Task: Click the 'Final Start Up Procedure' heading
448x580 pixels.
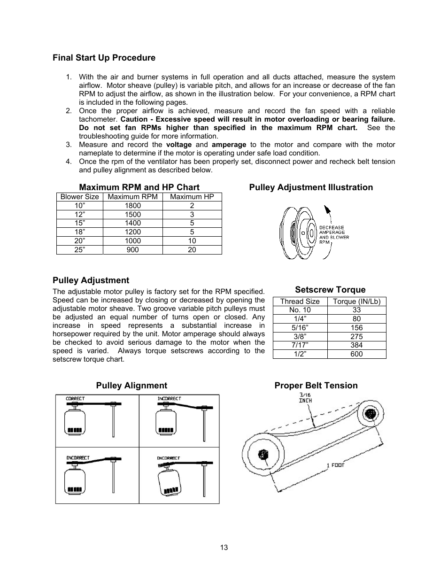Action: click(104, 58)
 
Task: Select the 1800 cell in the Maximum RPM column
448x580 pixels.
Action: click(132, 206)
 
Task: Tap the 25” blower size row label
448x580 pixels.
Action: click(79, 250)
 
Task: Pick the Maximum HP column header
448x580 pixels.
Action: click(192, 197)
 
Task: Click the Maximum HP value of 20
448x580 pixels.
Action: click(192, 250)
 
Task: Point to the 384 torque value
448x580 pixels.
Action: click(356, 345)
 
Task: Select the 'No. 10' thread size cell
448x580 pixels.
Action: click(300, 310)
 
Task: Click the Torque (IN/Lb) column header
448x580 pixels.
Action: click(356, 302)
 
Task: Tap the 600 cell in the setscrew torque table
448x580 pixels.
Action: click(356, 354)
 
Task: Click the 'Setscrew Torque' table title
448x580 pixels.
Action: click(330, 290)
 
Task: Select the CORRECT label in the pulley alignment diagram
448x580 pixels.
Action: click(75, 399)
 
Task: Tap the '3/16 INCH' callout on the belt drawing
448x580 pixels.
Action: click(305, 398)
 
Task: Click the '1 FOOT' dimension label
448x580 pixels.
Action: click(335, 465)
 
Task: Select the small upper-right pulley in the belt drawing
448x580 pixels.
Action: click(370, 413)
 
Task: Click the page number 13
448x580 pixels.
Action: click(224, 548)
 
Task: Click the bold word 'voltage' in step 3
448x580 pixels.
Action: click(178, 145)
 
